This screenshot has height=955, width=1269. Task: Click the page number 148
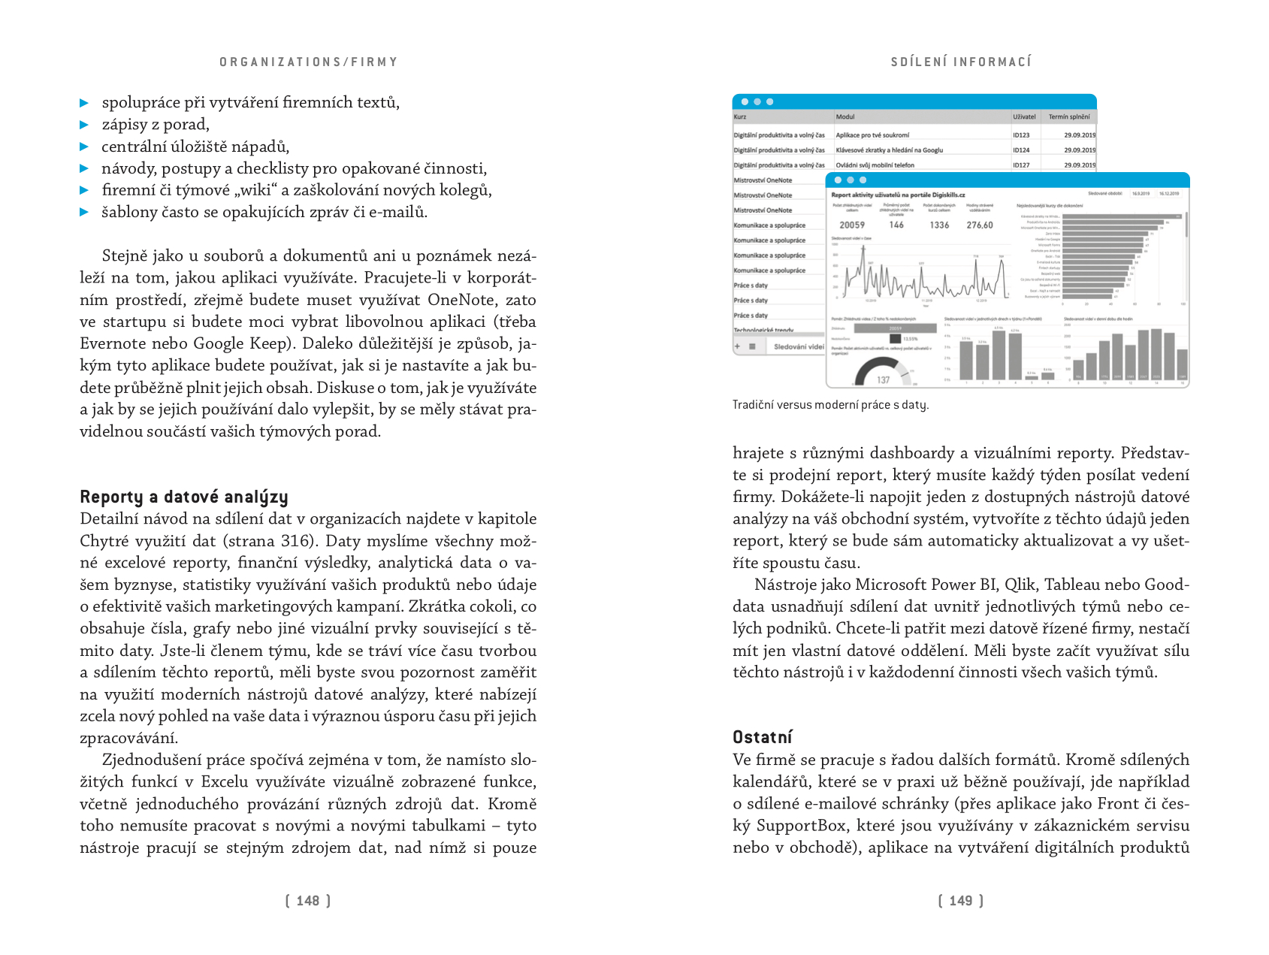[308, 901]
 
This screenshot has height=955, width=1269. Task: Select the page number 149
[960, 901]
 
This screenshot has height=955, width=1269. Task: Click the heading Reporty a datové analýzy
[184, 497]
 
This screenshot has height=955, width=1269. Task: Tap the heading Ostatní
[763, 737]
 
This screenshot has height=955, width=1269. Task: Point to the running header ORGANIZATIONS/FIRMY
[308, 62]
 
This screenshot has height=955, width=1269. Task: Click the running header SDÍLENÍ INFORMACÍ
[961, 62]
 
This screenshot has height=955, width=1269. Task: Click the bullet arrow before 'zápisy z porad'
[84, 125]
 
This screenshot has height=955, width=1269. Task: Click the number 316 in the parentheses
[295, 541]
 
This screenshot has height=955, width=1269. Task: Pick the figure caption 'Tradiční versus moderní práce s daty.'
[830, 405]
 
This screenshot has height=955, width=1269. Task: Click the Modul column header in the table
[845, 117]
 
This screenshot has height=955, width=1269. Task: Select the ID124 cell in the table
[1021, 150]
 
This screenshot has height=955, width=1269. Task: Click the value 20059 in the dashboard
[852, 225]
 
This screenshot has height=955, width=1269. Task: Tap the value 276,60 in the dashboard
[980, 225]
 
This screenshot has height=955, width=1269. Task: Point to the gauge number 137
[884, 380]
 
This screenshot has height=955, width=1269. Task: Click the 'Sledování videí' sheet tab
[799, 347]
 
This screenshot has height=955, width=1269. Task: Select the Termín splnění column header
[1068, 117]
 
